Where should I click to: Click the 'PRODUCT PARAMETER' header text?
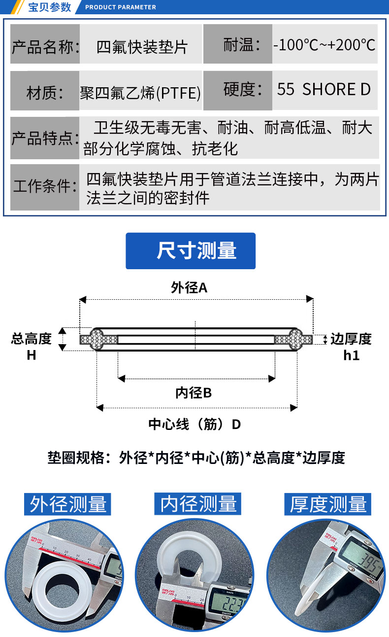120,7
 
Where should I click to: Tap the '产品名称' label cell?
45,47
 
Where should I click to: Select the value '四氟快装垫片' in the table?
142,47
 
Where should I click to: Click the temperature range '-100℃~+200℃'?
325,45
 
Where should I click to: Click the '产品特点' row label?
45,138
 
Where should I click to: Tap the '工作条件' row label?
45,187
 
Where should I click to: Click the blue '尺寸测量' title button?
191,251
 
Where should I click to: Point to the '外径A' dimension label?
190,288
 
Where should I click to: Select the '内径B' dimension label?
193,393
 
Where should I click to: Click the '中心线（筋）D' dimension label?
195,424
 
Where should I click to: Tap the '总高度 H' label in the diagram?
32,346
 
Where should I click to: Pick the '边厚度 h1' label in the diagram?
351,346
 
